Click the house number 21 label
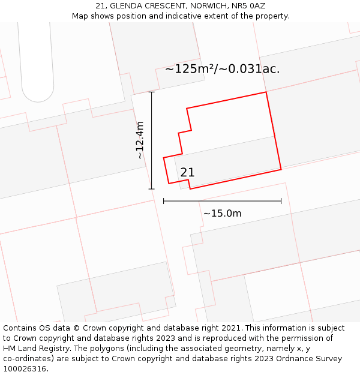pos(187,173)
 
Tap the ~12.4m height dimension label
pos(140,140)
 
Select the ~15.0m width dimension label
pos(222,214)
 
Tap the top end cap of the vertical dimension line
pos(151,92)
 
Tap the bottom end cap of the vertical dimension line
pos(151,189)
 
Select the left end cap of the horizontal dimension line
pos(164,201)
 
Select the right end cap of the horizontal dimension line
pos(281,201)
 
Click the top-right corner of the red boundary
pos(266,92)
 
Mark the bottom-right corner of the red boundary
pos(281,169)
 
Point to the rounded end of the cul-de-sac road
pos(37,96)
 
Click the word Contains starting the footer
pos(20,328)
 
